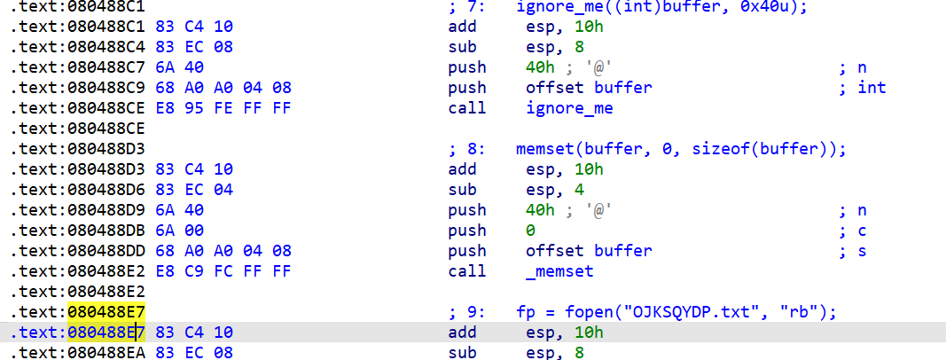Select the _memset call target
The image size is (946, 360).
coord(560,271)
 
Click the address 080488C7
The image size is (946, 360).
coord(107,67)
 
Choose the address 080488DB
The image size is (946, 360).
coord(107,231)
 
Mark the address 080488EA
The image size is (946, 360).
coord(107,353)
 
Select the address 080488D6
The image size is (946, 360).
coord(107,190)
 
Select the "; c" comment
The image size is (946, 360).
coord(852,231)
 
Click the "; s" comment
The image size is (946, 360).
coord(852,251)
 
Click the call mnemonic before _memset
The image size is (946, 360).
coord(467,271)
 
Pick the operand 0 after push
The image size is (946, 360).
coord(530,231)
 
